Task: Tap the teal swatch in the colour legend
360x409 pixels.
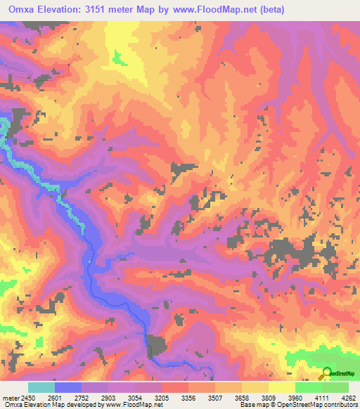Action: [x=41, y=388]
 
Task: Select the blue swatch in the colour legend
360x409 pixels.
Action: [x=68, y=388]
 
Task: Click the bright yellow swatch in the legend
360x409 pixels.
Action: [x=282, y=388]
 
